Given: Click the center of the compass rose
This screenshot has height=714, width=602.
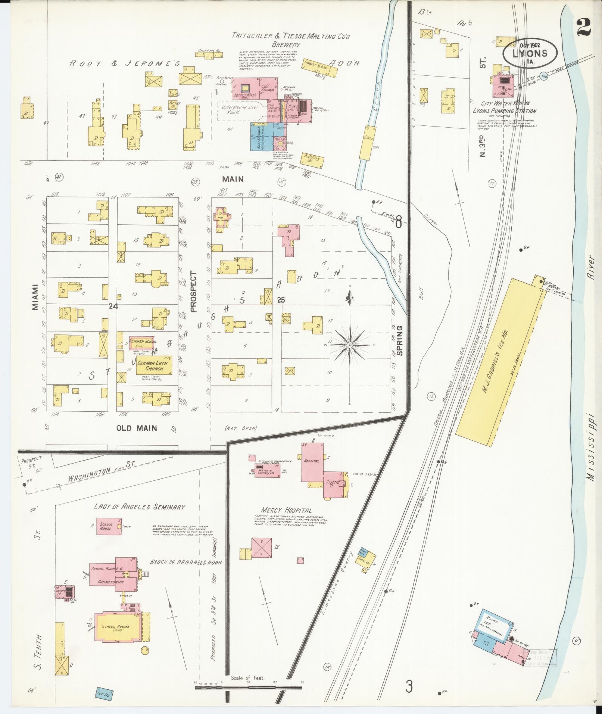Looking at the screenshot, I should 349,345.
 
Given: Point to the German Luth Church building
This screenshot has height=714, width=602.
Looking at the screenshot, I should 154,365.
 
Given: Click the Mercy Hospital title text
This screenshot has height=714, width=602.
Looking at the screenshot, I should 287,510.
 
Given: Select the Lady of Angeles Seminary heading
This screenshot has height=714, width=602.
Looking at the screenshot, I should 140,506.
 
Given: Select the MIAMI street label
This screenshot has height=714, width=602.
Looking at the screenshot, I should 35,297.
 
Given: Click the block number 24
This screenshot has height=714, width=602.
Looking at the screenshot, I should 113,306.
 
